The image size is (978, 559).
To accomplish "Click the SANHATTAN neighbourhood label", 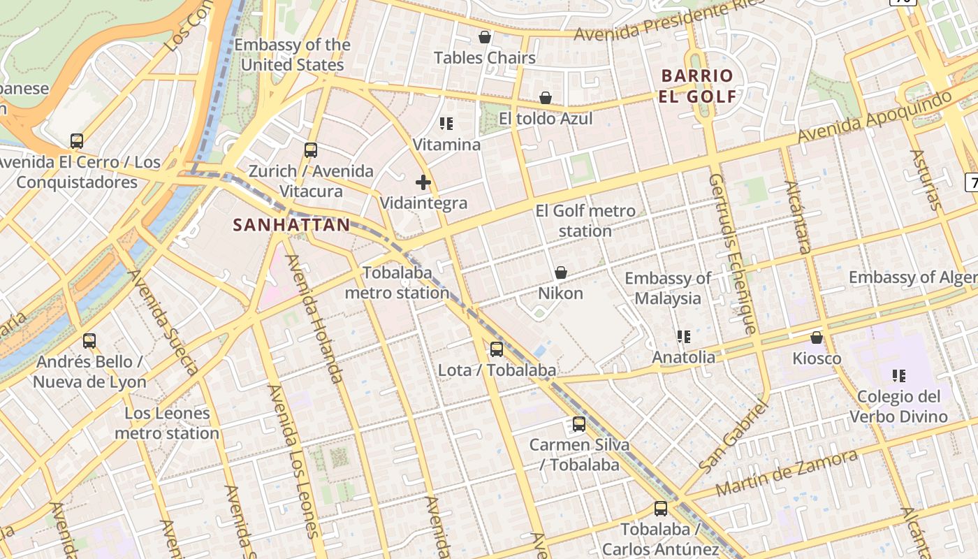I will [291, 225].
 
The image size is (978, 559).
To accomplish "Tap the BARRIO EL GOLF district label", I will [697, 86].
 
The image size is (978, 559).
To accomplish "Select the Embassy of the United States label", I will [292, 55].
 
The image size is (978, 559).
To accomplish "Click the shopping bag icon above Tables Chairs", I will [484, 37].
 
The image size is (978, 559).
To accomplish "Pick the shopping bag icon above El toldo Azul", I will [545, 98].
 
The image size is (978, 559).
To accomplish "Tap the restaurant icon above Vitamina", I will [446, 124].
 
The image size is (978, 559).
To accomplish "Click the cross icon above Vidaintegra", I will [423, 183].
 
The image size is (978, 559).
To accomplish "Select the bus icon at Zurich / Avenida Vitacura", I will [311, 150].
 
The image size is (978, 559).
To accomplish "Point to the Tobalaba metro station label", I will [397, 283].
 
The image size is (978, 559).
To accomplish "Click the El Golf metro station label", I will [585, 221].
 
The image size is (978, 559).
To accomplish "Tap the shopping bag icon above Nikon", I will [560, 273].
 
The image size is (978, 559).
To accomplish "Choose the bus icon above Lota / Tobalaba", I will [497, 349].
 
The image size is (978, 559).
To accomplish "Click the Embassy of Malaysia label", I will [667, 288].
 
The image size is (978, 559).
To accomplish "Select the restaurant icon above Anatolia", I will [683, 337].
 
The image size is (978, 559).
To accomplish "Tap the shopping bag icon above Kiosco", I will [816, 338].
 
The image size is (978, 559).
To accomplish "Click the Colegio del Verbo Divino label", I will [898, 407].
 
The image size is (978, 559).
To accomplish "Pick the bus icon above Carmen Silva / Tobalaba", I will [578, 424].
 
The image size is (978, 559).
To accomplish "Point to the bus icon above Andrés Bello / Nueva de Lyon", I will [89, 341].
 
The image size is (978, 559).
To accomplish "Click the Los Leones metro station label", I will [167, 423].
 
